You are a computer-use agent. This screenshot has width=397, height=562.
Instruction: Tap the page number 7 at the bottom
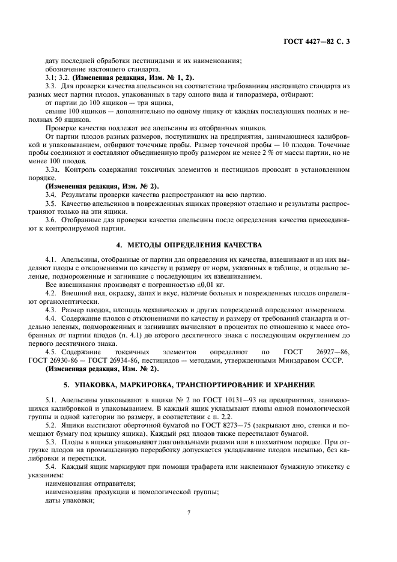point(189,512)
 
